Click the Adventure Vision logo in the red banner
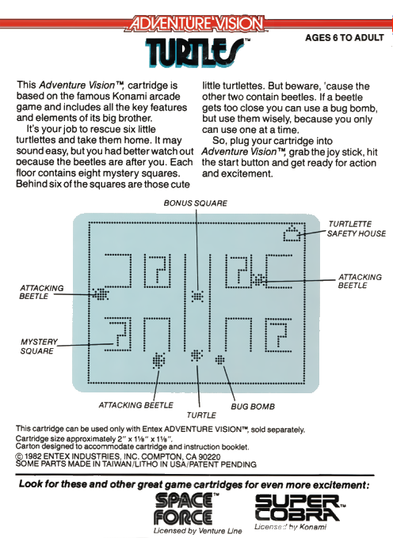(x=196, y=24)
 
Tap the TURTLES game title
(x=195, y=52)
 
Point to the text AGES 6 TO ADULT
(x=344, y=38)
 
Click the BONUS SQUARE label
(x=195, y=203)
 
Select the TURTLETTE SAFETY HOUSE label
(x=357, y=229)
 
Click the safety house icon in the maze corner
(x=292, y=233)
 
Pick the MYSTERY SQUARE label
(x=39, y=347)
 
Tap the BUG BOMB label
(x=253, y=407)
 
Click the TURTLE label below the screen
(x=201, y=415)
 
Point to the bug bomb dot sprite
(x=219, y=360)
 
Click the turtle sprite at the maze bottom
(x=196, y=355)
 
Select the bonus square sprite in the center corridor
(x=197, y=296)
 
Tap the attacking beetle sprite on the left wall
(x=101, y=294)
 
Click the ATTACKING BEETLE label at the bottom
(x=135, y=405)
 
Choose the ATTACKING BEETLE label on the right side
(x=360, y=282)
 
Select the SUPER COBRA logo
(x=299, y=508)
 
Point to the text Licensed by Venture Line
(x=197, y=531)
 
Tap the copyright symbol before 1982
(x=19, y=457)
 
